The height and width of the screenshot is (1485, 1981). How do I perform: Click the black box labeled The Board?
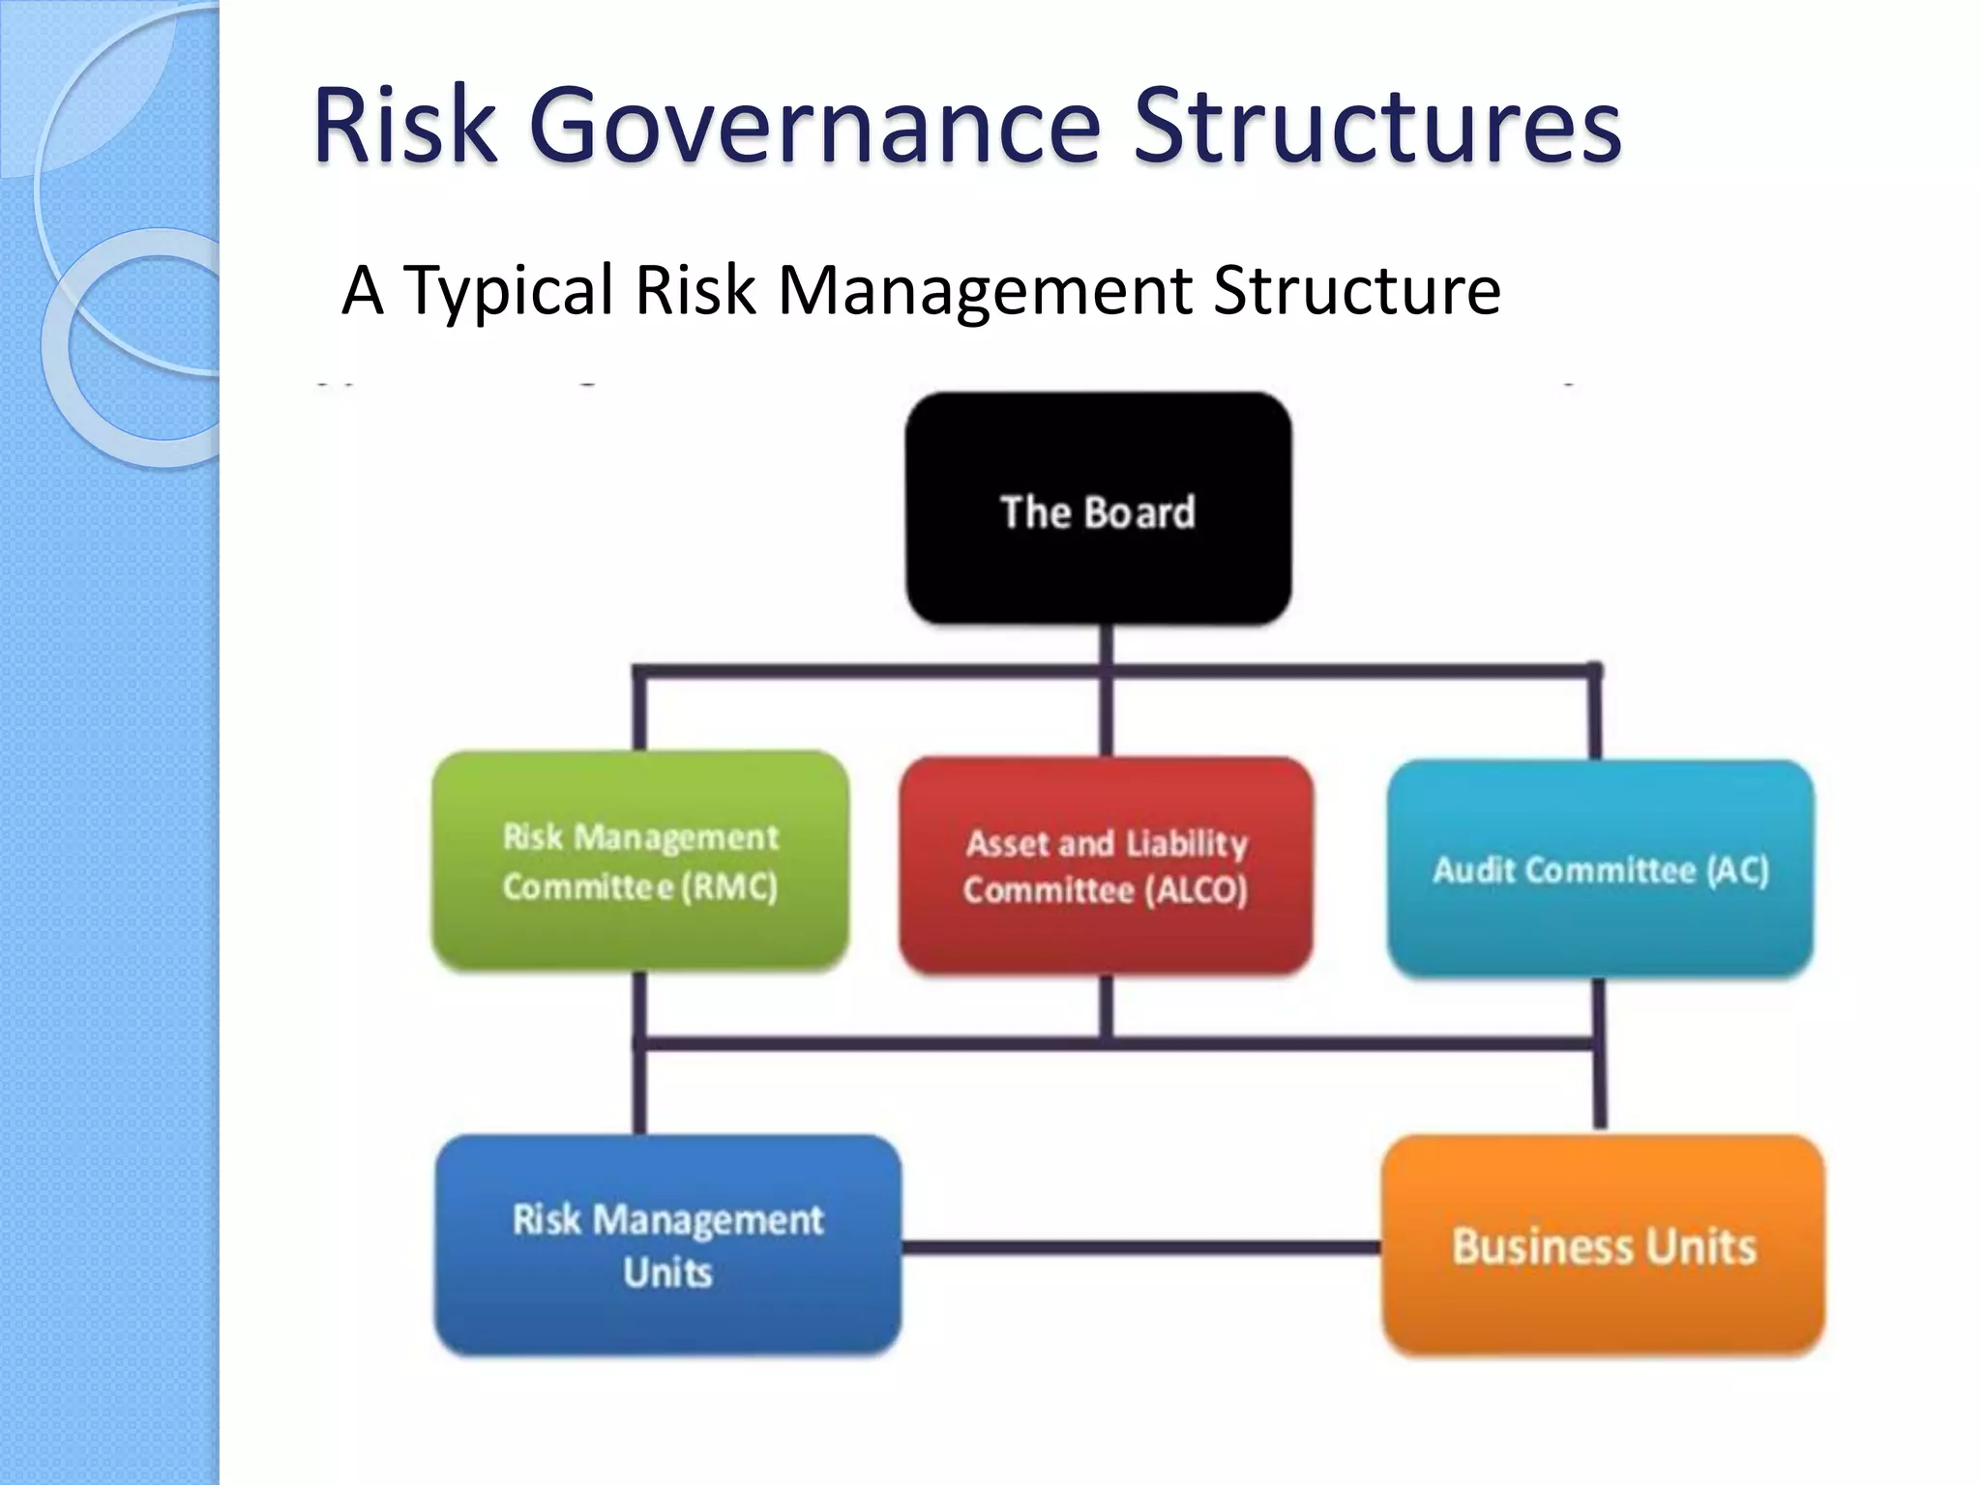tap(1098, 509)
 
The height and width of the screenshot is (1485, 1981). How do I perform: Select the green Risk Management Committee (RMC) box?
tap(640, 860)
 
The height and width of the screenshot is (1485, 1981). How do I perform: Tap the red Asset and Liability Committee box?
tap(1106, 866)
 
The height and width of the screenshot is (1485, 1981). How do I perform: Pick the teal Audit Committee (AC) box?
tap(1600, 869)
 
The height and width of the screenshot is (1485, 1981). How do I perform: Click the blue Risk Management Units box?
tap(667, 1245)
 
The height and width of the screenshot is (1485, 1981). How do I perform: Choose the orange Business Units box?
tap(1603, 1245)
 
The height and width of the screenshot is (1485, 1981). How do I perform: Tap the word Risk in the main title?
tap(404, 126)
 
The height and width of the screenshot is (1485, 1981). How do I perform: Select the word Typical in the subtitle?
tap(508, 290)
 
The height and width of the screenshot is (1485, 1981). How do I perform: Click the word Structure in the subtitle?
tap(1356, 290)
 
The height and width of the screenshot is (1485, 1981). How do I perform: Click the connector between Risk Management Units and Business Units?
tap(1141, 1247)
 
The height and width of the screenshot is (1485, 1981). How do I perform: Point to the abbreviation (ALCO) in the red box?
tap(1197, 889)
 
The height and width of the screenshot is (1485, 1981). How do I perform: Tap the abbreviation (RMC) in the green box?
tap(729, 887)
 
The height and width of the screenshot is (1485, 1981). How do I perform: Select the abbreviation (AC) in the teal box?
tap(1737, 870)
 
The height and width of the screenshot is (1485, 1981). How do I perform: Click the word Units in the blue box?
tap(667, 1272)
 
